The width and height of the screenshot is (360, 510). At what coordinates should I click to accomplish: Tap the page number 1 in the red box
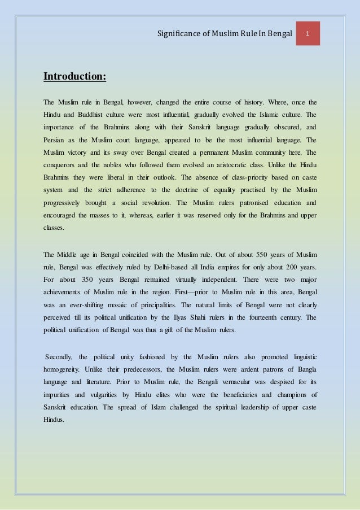pyautogui.click(x=308, y=34)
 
